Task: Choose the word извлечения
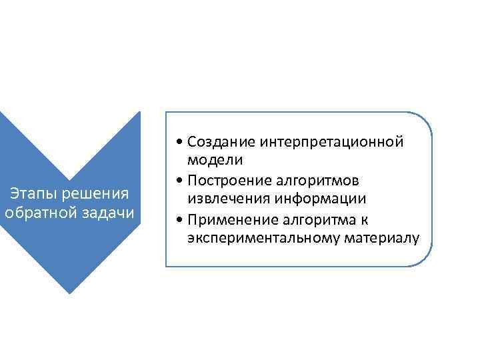pyautogui.click(x=225, y=199)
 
